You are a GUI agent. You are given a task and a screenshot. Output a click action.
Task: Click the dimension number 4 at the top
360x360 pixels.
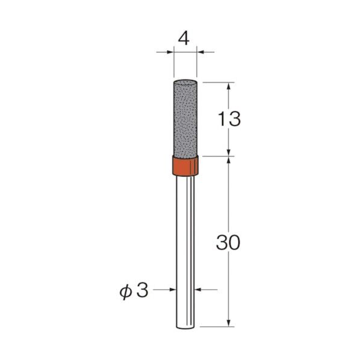point(184,39)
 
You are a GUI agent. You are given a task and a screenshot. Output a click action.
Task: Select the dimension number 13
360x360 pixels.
point(229,119)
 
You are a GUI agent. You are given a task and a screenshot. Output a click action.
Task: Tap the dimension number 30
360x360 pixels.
point(228,243)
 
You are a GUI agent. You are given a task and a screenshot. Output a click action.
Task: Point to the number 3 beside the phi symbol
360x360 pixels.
point(142,291)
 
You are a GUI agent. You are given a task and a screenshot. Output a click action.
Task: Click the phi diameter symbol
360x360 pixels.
point(126,292)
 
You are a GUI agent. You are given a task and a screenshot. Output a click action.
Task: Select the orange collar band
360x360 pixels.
point(185,166)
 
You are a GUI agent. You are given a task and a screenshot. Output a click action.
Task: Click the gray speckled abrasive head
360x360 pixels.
point(185,118)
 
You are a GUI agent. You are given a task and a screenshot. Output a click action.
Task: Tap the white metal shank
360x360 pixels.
point(185,252)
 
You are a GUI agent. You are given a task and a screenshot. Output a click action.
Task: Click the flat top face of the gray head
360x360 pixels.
point(185,81)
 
